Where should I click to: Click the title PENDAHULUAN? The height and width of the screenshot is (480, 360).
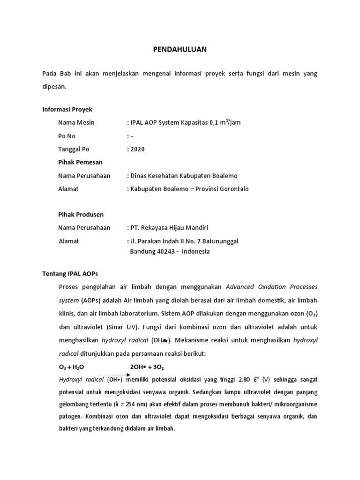180,49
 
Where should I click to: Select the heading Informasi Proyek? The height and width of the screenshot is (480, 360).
67,109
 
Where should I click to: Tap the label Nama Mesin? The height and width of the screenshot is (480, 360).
76,122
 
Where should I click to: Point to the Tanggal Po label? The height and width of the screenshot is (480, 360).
74,149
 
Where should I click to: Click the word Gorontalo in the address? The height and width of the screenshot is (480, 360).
232,189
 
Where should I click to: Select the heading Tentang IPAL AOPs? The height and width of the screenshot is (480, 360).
70,273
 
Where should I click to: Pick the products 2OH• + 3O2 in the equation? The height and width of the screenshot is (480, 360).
147,367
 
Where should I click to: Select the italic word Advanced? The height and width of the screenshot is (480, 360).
241,286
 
